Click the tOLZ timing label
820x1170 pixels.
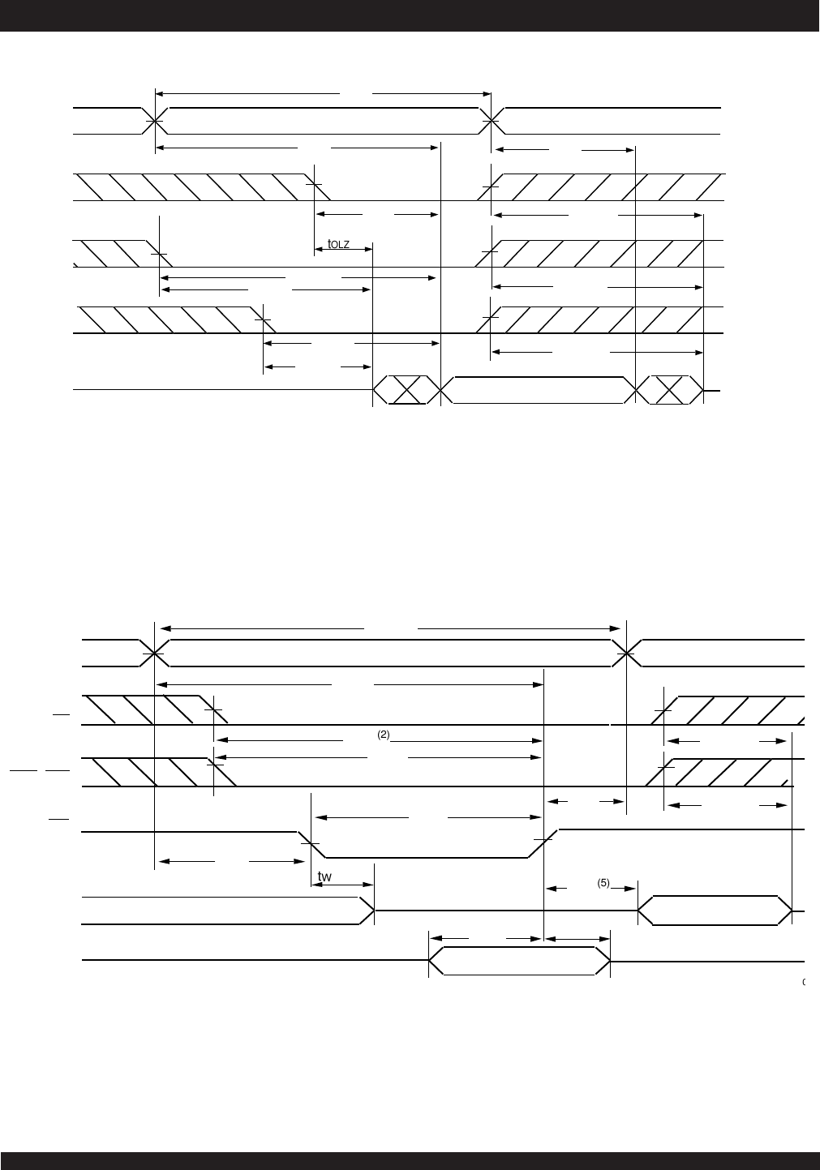(338, 244)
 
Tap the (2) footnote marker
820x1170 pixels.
(384, 735)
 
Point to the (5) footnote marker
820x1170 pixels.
(603, 883)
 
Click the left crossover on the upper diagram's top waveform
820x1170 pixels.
(154, 121)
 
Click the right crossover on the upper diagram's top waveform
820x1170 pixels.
(492, 121)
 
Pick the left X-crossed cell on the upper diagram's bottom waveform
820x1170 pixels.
(406, 390)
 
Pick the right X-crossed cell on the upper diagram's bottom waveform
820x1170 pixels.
(669, 390)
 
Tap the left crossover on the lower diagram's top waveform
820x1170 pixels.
(154, 653)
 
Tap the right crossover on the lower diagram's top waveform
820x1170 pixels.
(626, 653)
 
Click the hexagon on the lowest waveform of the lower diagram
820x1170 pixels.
(519, 960)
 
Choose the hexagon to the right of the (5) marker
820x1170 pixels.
(715, 910)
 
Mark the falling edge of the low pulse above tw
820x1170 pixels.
(311, 843)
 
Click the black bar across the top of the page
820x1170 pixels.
(410, 15)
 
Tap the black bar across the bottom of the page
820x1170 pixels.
(410, 1160)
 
